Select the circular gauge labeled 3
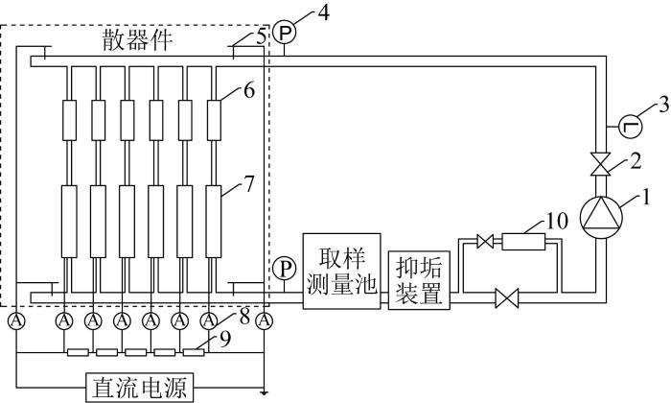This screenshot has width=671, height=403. (630, 124)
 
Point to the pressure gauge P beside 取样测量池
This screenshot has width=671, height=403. (284, 266)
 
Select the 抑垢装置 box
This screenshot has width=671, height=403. (418, 278)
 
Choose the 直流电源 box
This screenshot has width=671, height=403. (139, 387)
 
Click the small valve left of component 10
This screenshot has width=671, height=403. (484, 243)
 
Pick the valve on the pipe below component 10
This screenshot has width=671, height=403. (506, 300)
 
